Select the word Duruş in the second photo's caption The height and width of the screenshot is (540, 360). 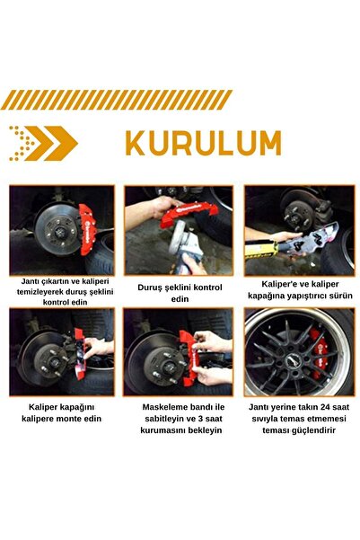[x=152, y=287]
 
